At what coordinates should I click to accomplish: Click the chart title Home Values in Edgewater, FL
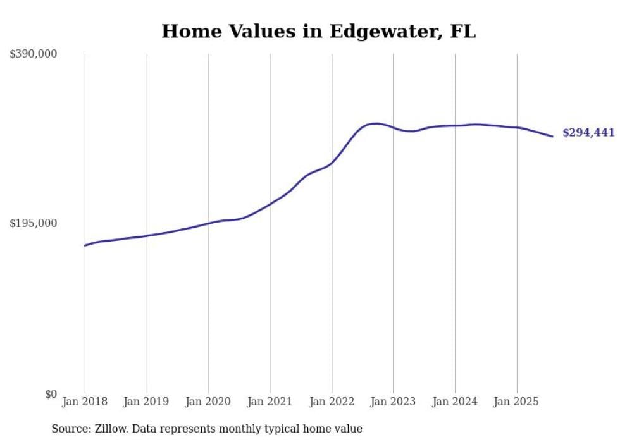(x=318, y=31)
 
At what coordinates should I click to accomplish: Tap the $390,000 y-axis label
(x=33, y=54)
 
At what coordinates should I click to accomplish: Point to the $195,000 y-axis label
(x=33, y=223)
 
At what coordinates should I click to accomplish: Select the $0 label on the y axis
(x=51, y=394)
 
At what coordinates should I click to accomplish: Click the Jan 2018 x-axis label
(x=85, y=402)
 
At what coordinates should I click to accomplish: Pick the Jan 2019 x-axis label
(x=147, y=402)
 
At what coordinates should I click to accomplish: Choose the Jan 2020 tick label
(x=208, y=402)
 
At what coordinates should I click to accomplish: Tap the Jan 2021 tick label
(x=270, y=402)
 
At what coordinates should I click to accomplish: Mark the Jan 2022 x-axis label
(x=332, y=402)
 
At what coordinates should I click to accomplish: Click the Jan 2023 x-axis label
(x=394, y=402)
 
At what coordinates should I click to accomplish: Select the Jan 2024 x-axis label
(x=455, y=402)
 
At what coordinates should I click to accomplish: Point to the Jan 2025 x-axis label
(x=517, y=402)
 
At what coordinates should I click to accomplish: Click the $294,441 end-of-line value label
(x=588, y=133)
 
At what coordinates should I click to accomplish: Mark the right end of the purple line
(x=552, y=136)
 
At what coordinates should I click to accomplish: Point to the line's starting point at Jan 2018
(x=85, y=245)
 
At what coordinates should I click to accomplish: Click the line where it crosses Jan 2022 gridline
(x=332, y=163)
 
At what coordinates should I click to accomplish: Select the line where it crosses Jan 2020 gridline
(x=208, y=223)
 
